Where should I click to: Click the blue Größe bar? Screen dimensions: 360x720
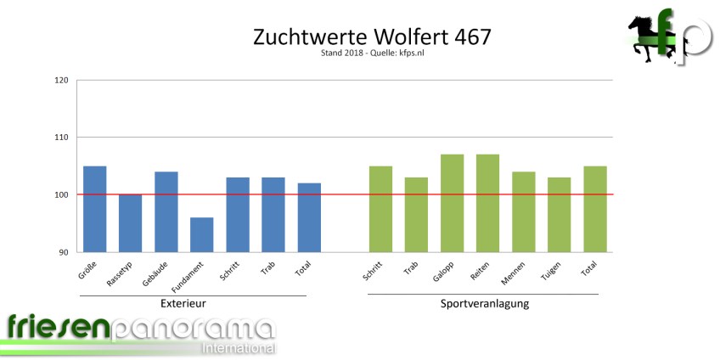(x=94, y=209)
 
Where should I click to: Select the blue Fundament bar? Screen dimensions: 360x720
(x=201, y=234)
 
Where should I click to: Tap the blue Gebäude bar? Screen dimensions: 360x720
(x=166, y=211)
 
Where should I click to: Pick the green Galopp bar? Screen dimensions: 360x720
(x=452, y=203)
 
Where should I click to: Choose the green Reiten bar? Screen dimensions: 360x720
(x=487, y=203)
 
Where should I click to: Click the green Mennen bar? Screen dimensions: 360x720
(x=523, y=211)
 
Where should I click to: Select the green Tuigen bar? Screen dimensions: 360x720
(x=559, y=214)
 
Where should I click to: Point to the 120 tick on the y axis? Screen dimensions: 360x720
(x=60, y=81)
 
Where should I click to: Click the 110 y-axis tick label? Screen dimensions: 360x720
(x=60, y=138)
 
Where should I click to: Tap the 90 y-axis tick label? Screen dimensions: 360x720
(x=63, y=252)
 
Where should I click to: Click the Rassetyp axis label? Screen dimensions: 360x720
(x=119, y=273)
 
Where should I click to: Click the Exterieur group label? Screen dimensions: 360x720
(x=183, y=303)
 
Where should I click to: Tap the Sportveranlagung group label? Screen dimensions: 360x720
(x=485, y=303)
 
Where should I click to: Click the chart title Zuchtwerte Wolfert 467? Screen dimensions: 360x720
(x=372, y=37)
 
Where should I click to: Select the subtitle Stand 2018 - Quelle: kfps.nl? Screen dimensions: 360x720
(x=372, y=55)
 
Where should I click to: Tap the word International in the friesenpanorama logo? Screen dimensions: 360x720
(x=238, y=348)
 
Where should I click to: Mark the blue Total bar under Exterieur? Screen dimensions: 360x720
(x=308, y=217)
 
